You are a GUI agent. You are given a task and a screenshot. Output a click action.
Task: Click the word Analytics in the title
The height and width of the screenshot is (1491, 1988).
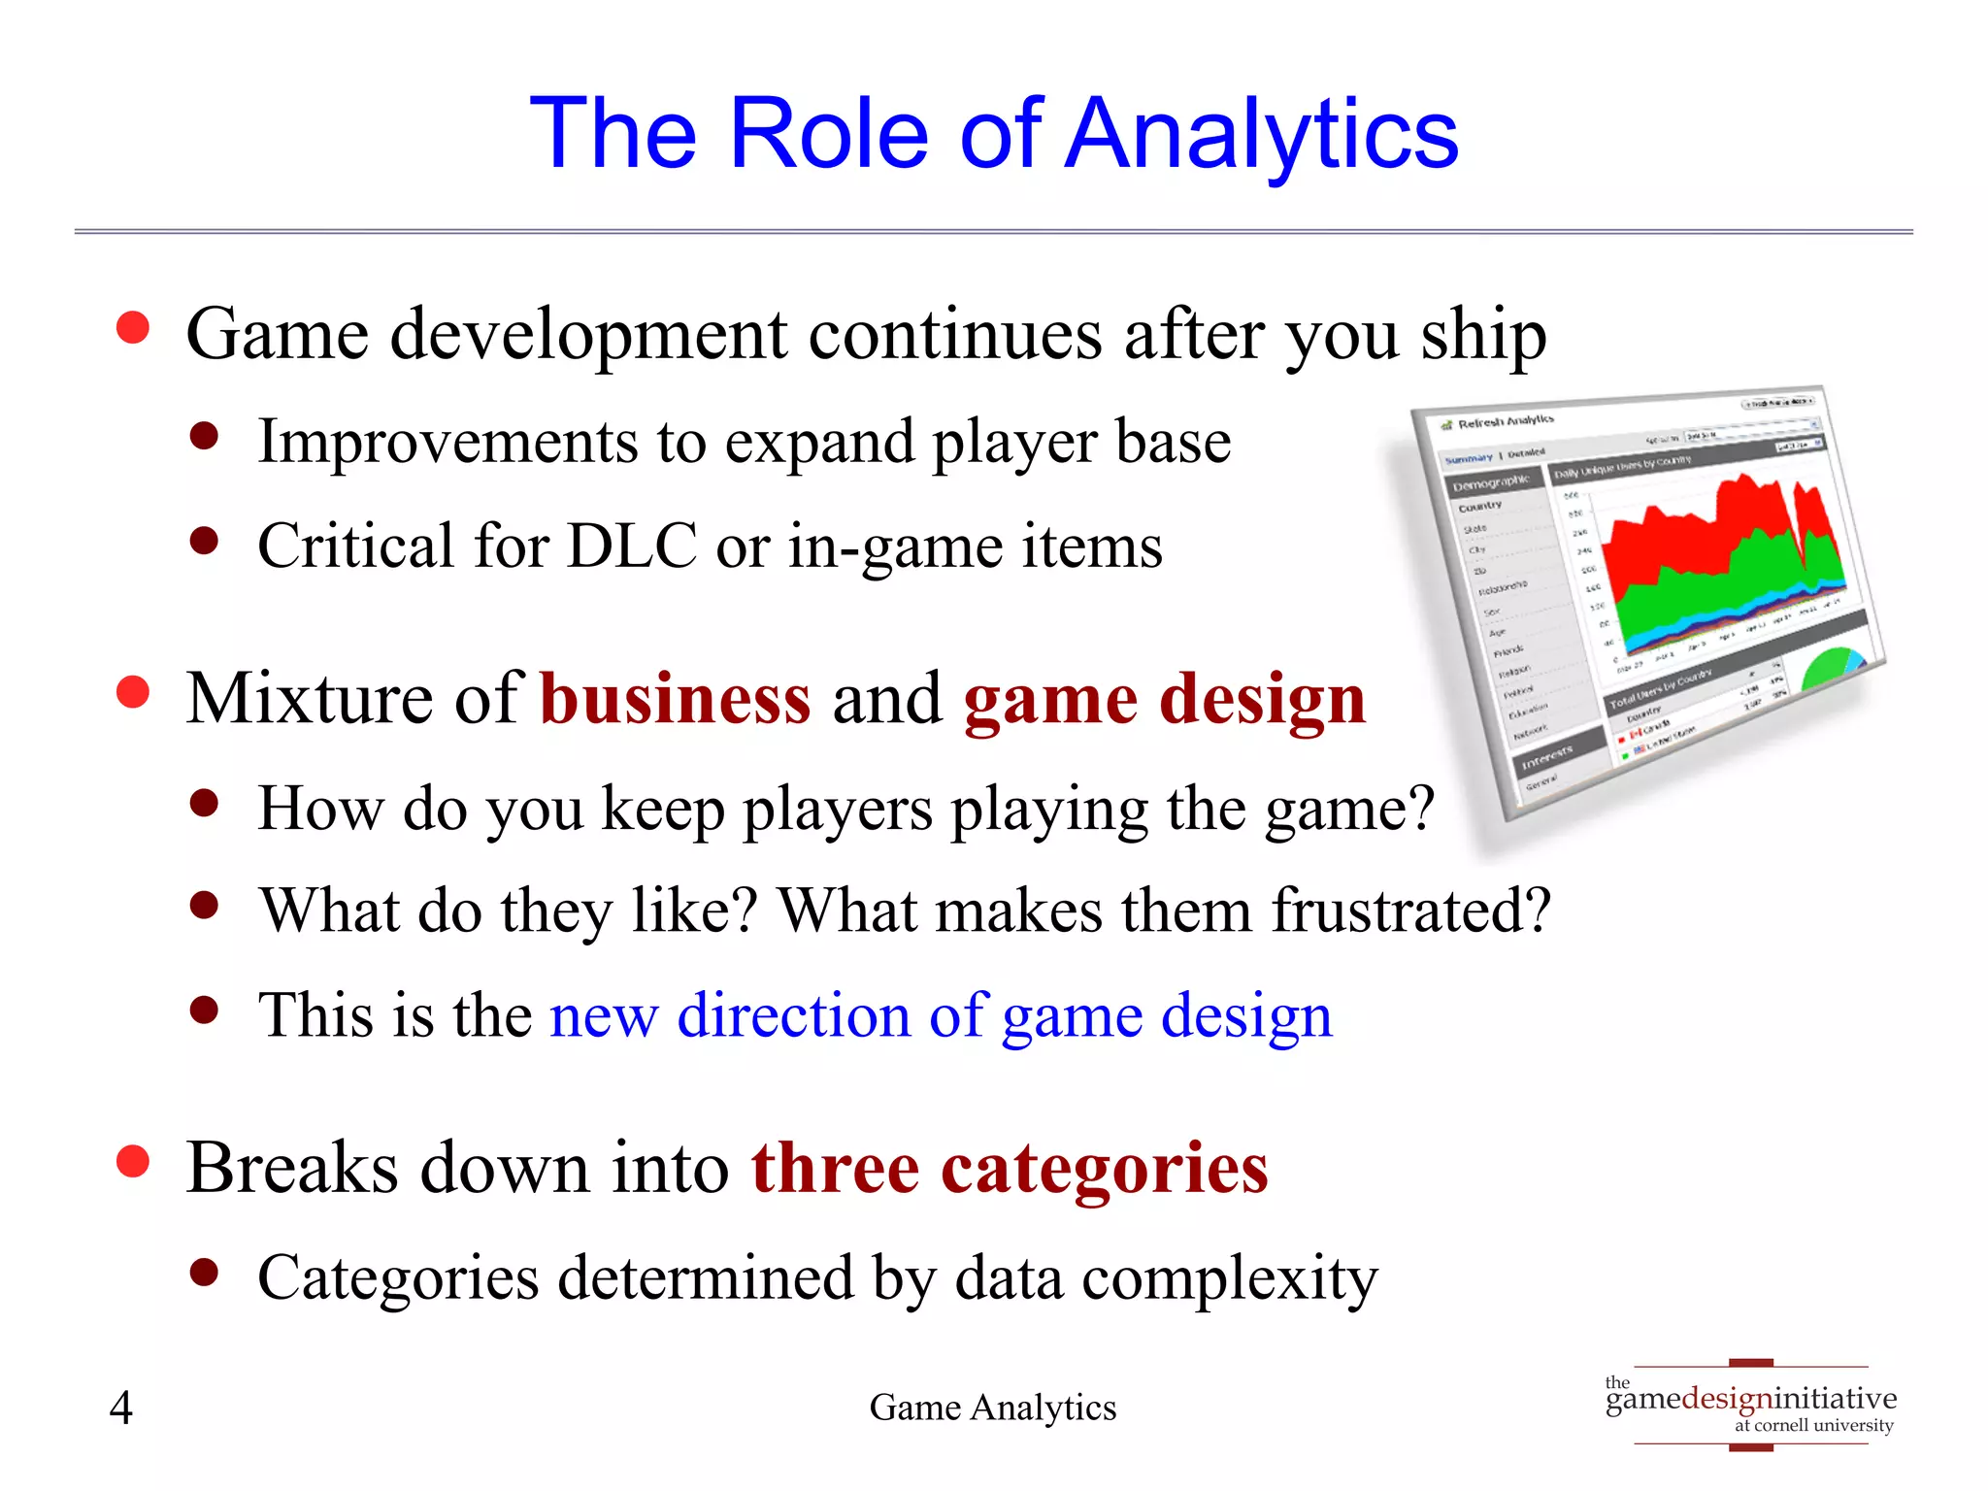coord(1262,136)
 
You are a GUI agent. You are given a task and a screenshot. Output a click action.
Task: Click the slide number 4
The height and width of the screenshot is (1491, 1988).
coord(120,1408)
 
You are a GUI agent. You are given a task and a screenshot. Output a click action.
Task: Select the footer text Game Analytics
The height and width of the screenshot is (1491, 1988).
coord(992,1408)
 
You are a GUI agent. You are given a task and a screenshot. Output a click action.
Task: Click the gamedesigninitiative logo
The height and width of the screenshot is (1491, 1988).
coord(1750,1404)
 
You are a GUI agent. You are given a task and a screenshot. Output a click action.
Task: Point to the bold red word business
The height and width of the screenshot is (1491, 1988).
coord(675,699)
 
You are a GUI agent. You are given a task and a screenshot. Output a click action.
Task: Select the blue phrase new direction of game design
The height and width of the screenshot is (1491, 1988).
coord(941,1016)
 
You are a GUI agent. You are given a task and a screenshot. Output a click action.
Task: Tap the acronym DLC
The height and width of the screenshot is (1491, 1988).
coord(631,546)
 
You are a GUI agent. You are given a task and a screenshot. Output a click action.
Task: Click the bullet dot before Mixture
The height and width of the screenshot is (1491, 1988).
coord(133,692)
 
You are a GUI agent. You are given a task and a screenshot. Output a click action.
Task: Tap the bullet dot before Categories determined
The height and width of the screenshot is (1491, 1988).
coord(204,1272)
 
